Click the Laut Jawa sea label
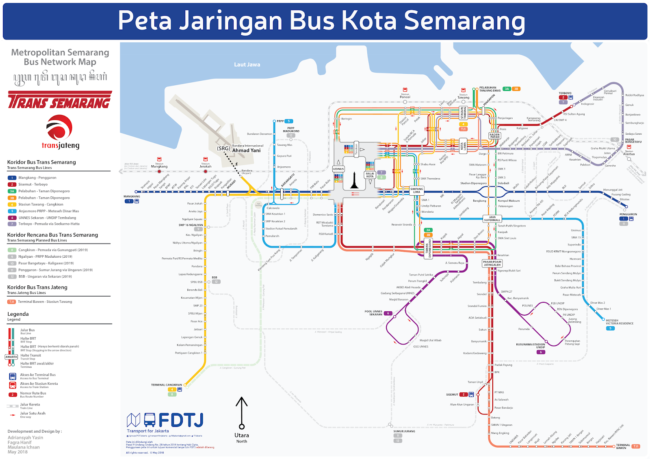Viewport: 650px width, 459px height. pos(247,65)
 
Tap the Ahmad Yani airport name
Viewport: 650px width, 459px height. pos(246,151)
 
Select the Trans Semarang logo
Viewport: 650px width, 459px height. pos(60,100)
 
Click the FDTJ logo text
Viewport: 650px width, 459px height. pos(180,420)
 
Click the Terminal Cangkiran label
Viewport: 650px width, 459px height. pos(167,385)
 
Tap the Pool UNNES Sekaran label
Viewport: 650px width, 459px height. pos(373,313)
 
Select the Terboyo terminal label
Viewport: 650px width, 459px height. pos(565,93)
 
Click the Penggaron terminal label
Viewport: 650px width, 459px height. pos(628,214)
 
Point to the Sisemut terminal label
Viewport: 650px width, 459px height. pos(452,394)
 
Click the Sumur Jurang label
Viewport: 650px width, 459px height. pos(404,431)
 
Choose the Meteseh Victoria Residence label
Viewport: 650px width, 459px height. pos(620,322)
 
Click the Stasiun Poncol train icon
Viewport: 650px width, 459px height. pos(405,90)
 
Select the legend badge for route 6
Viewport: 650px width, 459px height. pos(12,218)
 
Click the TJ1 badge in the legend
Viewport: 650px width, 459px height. pos(12,302)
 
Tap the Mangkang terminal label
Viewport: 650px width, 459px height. pos(132,196)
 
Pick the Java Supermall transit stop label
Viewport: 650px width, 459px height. pos(492,219)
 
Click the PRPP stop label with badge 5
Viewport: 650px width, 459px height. pos(280,121)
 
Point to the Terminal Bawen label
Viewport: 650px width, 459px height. pos(623,446)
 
